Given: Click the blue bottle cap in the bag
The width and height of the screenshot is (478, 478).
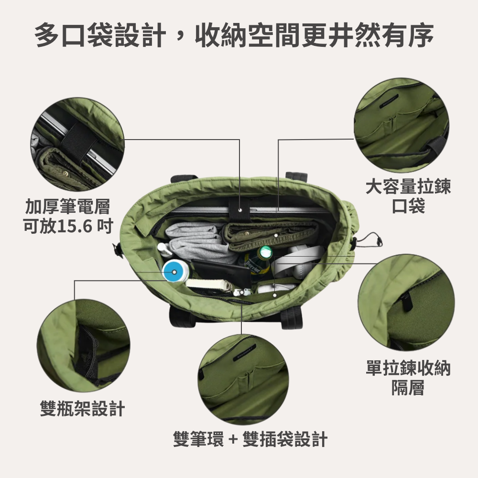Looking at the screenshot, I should [174, 272].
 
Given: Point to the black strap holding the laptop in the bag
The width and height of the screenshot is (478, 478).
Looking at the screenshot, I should [238, 208].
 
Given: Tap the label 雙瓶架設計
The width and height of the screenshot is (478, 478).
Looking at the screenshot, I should [82, 409].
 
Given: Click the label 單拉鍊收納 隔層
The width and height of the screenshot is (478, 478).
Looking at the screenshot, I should [408, 378].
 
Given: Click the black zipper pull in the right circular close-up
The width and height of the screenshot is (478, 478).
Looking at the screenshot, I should [406, 301].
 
